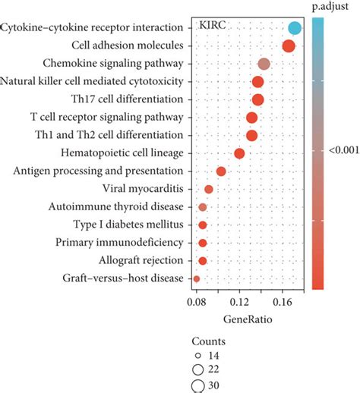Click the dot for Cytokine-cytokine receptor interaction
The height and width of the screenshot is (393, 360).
click(295, 29)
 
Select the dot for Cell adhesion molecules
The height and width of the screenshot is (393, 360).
click(289, 46)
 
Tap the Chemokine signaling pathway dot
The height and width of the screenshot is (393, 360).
click(264, 64)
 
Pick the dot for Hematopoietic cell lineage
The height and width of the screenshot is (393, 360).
click(239, 154)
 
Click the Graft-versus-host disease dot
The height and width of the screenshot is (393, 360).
click(197, 279)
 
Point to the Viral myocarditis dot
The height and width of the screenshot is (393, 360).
click(209, 189)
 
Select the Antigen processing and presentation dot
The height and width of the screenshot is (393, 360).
click(221, 171)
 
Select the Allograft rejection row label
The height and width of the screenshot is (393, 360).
click(142, 260)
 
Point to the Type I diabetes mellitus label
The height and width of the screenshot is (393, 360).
click(128, 225)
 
